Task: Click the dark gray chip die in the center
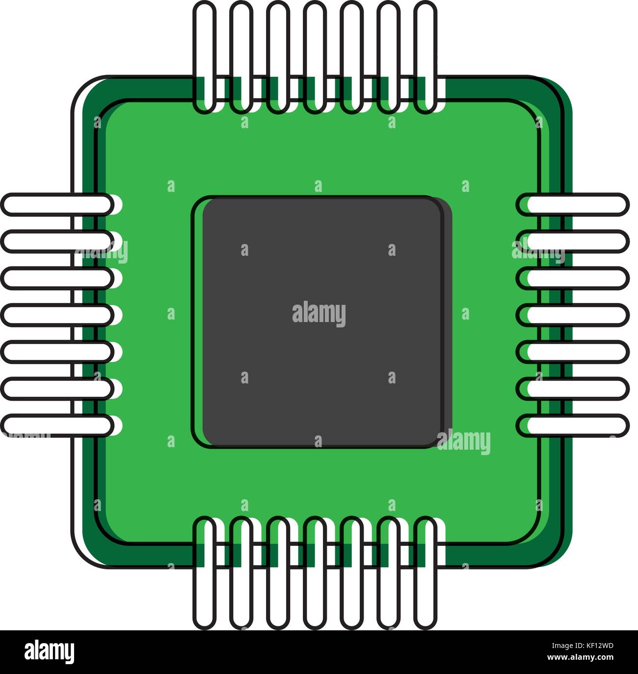click(x=321, y=344)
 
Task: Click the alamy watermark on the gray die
click(x=319, y=314)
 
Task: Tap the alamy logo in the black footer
click(x=50, y=652)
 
